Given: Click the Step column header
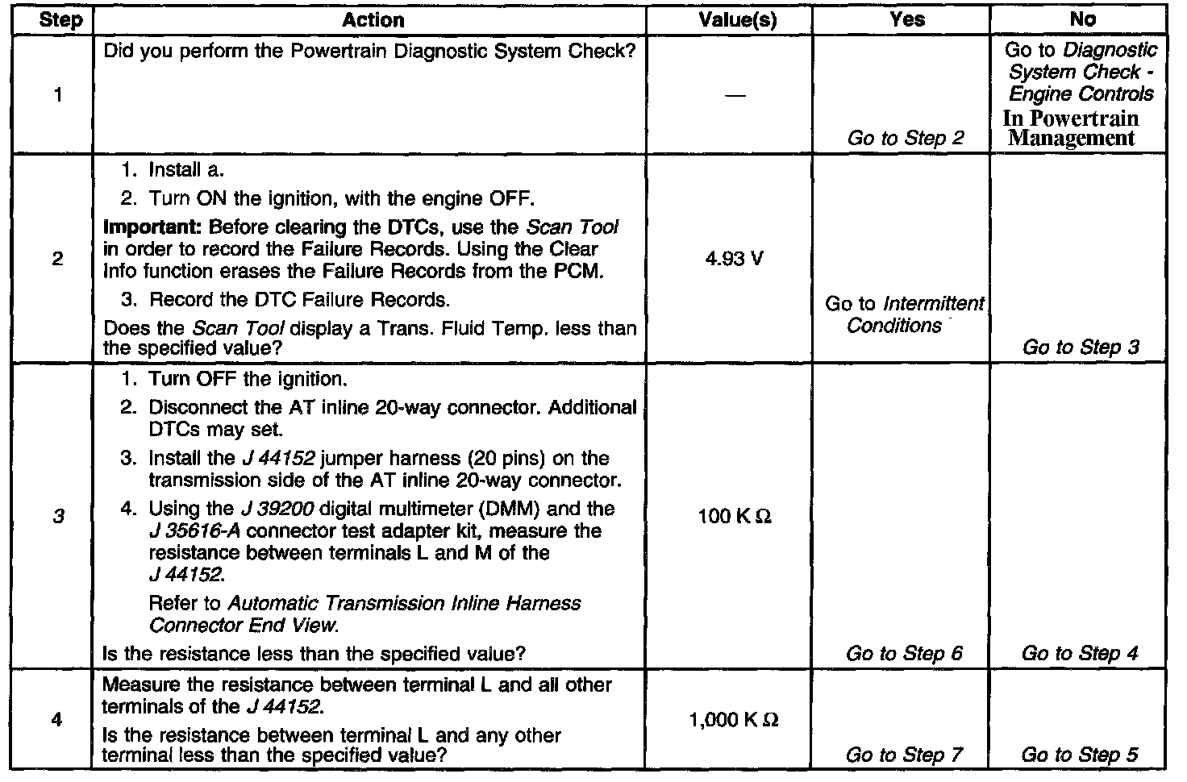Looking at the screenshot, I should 60,20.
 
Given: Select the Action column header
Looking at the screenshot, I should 373,20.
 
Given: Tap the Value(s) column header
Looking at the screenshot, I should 737,20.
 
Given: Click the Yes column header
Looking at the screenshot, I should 907,20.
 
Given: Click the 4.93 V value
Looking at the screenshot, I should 735,260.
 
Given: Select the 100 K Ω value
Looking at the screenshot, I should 735,516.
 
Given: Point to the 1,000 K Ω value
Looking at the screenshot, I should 735,720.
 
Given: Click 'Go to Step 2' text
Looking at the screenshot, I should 906,138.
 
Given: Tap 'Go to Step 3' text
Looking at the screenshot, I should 1081,347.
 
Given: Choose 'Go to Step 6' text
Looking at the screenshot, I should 905,654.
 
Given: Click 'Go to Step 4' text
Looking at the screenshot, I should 1080,654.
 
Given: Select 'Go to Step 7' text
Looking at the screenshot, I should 905,755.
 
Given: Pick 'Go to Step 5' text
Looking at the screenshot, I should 1080,755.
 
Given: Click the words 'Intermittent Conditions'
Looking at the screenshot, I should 914,315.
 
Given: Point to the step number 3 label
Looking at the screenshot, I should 58,516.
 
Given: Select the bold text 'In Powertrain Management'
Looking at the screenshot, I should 1071,128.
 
